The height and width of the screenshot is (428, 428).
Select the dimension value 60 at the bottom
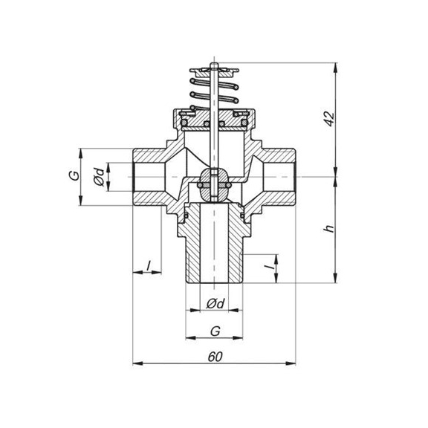pos(215,356)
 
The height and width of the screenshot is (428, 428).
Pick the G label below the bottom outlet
pos(214,329)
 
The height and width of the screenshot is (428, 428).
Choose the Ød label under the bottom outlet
pos(214,305)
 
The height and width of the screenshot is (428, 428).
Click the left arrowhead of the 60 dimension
pos(136,363)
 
